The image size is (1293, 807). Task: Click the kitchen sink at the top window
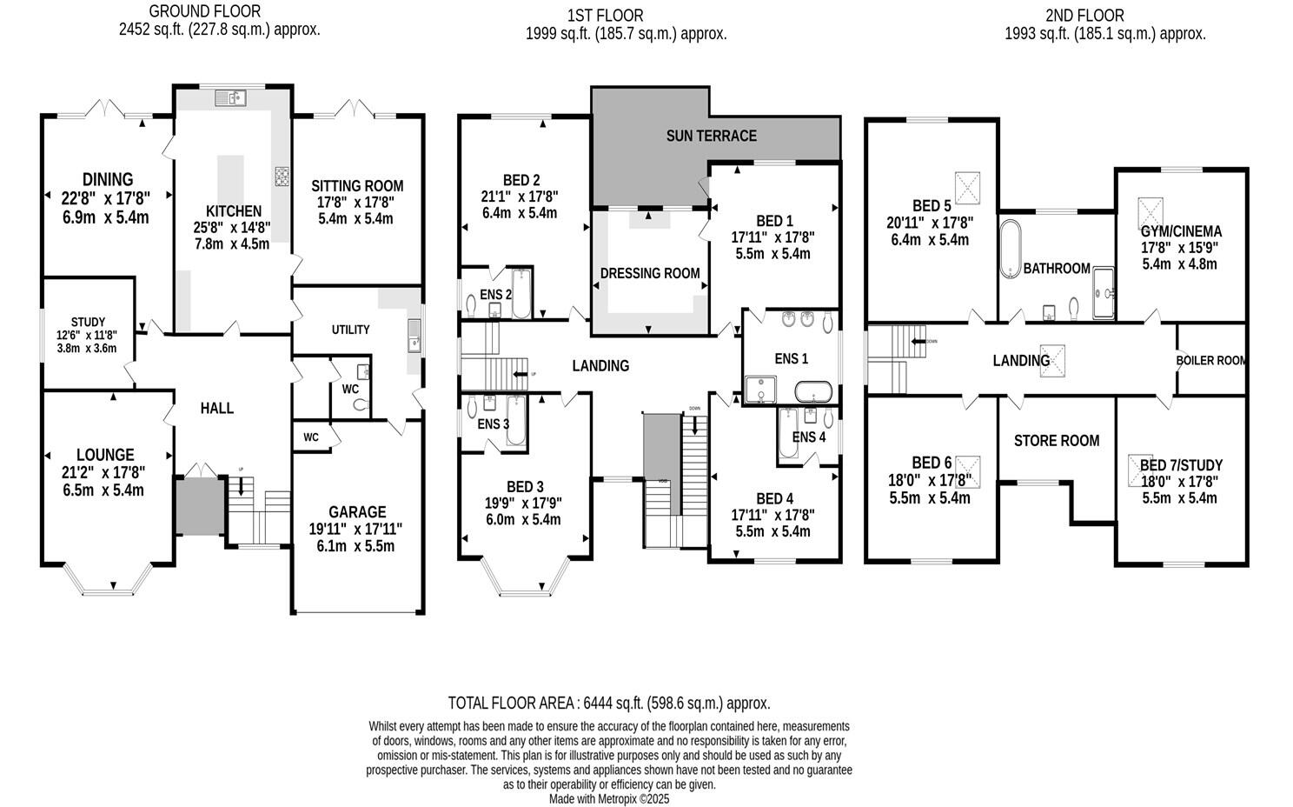click(232, 97)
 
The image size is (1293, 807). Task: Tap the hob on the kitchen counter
click(282, 177)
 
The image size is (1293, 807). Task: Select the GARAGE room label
click(356, 512)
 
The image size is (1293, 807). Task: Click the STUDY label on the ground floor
click(88, 322)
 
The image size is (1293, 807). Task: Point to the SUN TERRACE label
click(711, 136)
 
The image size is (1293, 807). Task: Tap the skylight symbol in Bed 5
click(968, 186)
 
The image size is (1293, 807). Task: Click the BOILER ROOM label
click(1211, 360)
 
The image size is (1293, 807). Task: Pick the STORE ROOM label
click(1057, 441)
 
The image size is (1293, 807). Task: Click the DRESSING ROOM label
click(650, 273)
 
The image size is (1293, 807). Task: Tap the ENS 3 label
click(493, 424)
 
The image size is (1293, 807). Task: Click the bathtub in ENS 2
click(521, 293)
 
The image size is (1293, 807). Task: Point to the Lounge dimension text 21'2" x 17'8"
click(105, 472)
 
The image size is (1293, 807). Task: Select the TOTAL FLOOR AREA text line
click(608, 703)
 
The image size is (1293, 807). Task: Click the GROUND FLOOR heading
click(204, 11)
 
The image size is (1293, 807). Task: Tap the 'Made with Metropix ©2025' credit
click(608, 798)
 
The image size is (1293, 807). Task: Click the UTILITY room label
click(350, 330)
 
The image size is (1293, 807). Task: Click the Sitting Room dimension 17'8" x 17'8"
click(357, 202)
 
